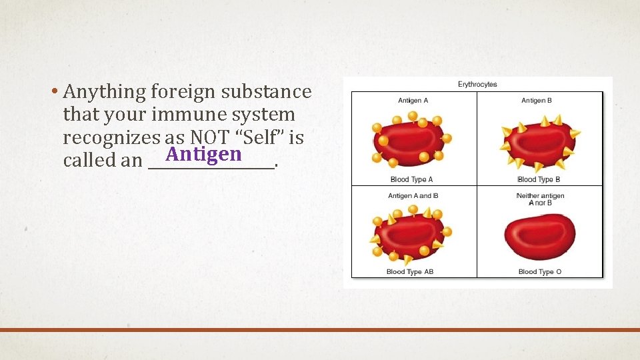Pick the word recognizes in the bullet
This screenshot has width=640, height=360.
[110, 138]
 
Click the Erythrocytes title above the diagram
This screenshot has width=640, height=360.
[477, 84]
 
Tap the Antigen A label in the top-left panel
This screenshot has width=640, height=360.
[413, 101]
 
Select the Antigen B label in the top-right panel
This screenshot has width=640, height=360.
[537, 101]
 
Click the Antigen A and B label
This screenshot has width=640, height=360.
[413, 196]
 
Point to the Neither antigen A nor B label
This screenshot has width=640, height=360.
[540, 199]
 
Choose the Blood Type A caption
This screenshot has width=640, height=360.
[411, 179]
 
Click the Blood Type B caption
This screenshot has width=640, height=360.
[539, 179]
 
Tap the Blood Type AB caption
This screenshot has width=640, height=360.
[410, 272]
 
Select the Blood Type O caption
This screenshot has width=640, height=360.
[540, 272]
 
